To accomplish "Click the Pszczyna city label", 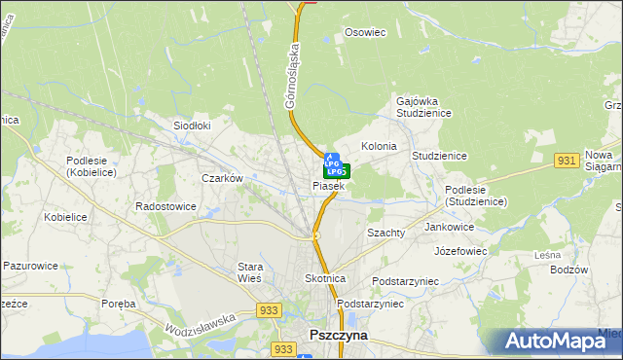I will pos(338,334).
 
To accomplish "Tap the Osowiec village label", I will pos(366,32).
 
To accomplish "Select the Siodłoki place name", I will pos(192,126).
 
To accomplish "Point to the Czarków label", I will pos(221,178).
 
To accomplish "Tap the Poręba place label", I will pos(119,304).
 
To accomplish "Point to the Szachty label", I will pos(385,234).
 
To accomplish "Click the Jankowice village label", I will pos(450,227).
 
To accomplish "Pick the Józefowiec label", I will pos(460,250).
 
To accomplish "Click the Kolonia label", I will pos(379,146).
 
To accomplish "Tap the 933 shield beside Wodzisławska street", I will pos(270,309).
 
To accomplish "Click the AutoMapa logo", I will pos(556,341).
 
